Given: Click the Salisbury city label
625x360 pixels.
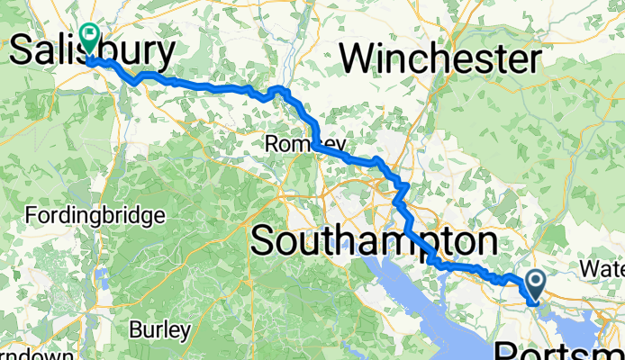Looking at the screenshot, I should [93, 52].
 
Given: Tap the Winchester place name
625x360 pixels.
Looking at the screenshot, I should [440, 59].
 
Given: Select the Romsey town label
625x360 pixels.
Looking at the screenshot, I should [293, 144].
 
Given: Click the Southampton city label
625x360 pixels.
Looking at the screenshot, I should [374, 241].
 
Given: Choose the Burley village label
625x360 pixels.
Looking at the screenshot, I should [159, 329].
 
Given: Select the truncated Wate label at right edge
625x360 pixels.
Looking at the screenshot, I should [602, 268].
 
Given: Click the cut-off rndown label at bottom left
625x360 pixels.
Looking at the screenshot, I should [36, 355].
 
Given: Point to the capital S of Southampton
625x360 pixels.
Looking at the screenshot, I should [263, 241].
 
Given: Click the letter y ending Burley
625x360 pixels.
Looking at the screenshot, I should [185, 332].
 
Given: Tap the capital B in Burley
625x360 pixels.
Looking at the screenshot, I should [135, 329].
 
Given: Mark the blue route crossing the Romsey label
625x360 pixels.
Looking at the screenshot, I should [320, 147].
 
